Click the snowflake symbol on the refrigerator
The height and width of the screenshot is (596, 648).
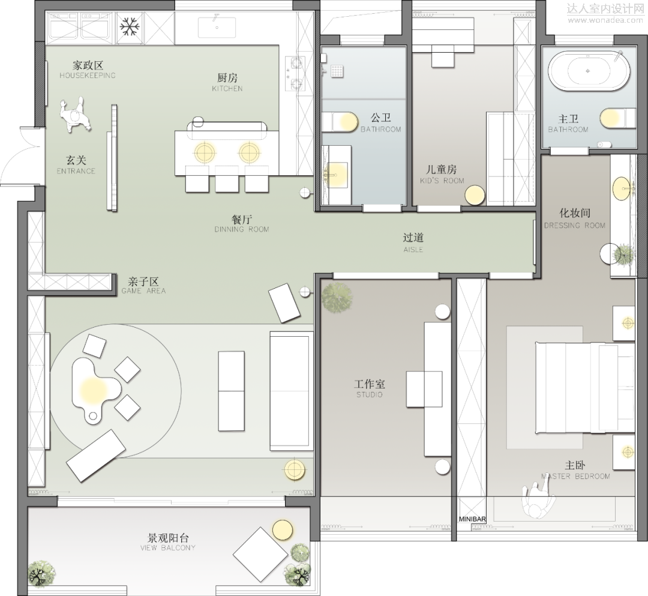click(x=130, y=27)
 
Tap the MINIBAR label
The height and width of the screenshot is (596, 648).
click(x=472, y=519)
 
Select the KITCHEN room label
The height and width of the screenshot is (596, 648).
click(x=227, y=88)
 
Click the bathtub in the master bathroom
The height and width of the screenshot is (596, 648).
click(x=589, y=71)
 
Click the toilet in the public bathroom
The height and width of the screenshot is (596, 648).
click(x=340, y=122)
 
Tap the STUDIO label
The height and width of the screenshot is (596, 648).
click(x=370, y=395)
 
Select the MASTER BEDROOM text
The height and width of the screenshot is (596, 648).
click(x=575, y=476)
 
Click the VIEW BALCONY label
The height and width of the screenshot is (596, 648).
click(x=168, y=547)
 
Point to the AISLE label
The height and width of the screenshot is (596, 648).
click(x=413, y=250)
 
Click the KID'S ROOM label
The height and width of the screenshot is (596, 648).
click(x=442, y=181)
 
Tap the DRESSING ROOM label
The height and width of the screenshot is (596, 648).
click(x=574, y=226)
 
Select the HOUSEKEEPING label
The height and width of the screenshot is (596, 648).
click(x=88, y=75)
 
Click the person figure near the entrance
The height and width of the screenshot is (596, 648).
click(x=75, y=115)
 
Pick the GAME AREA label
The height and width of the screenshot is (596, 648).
click(x=143, y=291)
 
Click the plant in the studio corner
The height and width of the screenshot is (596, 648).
click(x=337, y=298)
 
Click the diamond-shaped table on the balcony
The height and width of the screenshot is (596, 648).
click(x=260, y=555)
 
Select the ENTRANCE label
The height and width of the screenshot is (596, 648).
click(x=76, y=171)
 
